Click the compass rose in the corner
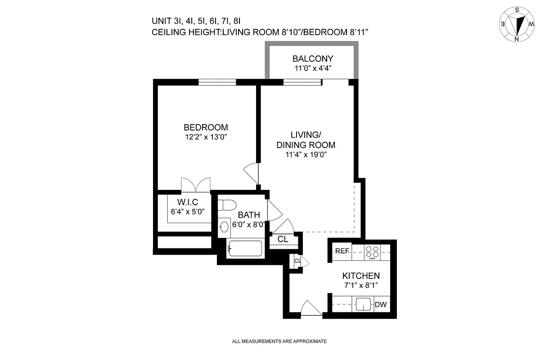click(517, 24)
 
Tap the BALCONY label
click(313, 58)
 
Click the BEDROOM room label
click(206, 127)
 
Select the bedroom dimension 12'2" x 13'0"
click(206, 137)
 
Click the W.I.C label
click(188, 202)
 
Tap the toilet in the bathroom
click(226, 205)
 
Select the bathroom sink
click(224, 226)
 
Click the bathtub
click(245, 248)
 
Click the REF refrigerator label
click(342, 251)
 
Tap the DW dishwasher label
click(381, 305)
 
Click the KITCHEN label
click(361, 276)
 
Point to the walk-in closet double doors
click(196, 184)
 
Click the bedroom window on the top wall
click(218, 82)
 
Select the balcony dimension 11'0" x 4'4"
click(313, 69)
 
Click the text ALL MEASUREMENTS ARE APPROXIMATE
click(279, 341)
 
